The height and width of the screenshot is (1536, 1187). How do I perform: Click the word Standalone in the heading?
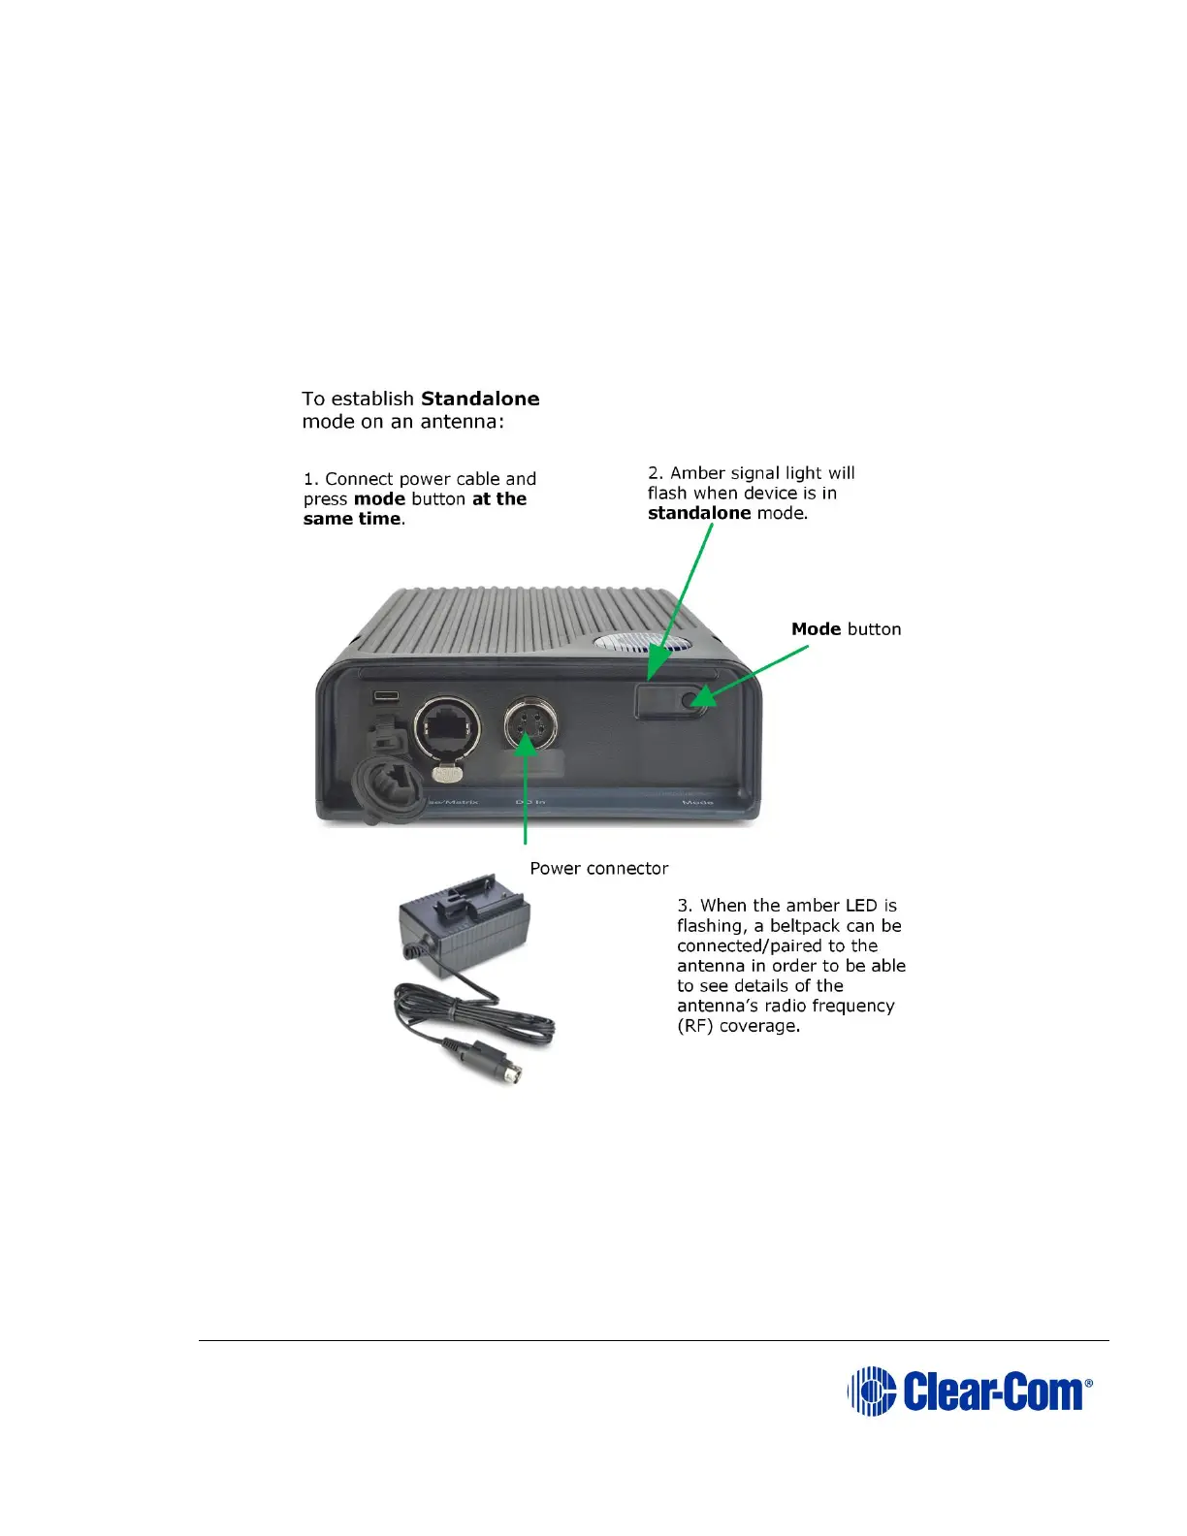point(480,399)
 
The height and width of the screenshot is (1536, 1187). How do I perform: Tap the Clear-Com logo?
point(970,1391)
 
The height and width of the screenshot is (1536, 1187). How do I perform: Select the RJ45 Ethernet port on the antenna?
point(444,726)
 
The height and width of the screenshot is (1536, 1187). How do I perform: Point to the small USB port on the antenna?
point(386,696)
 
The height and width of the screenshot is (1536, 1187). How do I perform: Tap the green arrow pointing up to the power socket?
point(525,785)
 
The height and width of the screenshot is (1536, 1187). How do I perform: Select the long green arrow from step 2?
point(682,601)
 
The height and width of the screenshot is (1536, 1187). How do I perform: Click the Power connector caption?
point(598,868)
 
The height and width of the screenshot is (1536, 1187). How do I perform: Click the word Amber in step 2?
point(697,473)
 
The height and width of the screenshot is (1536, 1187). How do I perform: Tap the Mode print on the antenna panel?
point(697,802)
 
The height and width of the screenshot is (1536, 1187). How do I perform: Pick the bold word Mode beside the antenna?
point(816,629)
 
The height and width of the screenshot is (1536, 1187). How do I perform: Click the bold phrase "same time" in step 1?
point(351,519)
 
